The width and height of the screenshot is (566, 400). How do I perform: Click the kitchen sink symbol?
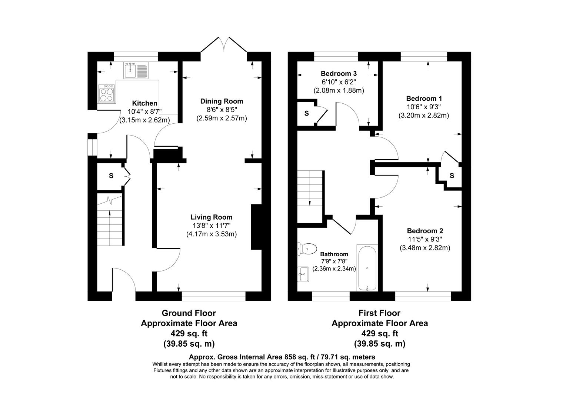click(x=136, y=70)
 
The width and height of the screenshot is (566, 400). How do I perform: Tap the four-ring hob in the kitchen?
click(x=107, y=93)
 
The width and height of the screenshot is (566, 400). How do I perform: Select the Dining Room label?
click(x=222, y=101)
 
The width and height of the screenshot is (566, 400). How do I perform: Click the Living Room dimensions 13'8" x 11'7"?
click(x=212, y=226)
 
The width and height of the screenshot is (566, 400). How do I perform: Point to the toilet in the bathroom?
click(x=307, y=249)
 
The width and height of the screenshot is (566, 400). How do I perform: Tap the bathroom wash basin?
click(x=304, y=274)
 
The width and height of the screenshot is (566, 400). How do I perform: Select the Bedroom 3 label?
click(x=339, y=73)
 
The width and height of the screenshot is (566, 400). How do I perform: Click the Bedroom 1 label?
click(x=424, y=99)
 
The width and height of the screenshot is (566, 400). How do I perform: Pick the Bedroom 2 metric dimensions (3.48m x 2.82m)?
click(x=424, y=248)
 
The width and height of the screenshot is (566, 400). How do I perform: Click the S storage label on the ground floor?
click(x=111, y=176)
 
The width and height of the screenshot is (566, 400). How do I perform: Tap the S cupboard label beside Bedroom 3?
click(x=306, y=114)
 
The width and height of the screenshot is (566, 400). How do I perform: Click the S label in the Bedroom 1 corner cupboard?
click(x=452, y=176)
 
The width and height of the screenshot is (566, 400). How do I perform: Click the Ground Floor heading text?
click(x=189, y=313)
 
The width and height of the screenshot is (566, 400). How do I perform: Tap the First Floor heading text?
click(x=379, y=313)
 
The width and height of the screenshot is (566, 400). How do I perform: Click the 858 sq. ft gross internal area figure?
click(x=299, y=357)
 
